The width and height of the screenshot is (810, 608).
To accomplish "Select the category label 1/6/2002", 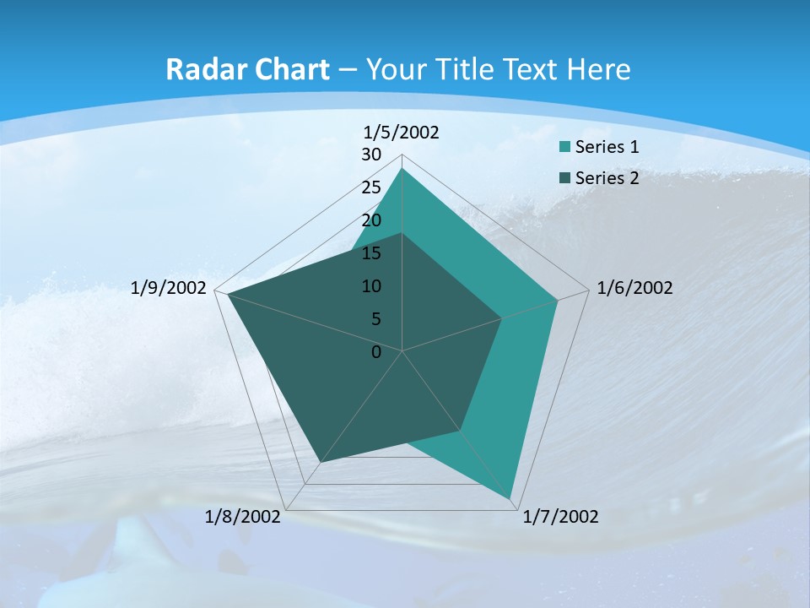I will [x=634, y=288].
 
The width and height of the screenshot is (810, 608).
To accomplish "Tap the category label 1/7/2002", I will [x=560, y=517].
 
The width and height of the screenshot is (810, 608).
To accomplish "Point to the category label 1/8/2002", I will [x=243, y=517].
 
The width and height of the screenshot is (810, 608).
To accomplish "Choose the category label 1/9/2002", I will [x=169, y=288].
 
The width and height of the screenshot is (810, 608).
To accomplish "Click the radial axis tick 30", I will [x=371, y=155].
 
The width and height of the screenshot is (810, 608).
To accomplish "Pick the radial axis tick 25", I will [x=371, y=187].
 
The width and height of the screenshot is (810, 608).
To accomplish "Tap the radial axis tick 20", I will [x=371, y=220].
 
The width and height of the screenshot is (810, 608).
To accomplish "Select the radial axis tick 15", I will [x=371, y=253].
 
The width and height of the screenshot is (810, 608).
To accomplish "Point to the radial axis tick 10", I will [x=371, y=286].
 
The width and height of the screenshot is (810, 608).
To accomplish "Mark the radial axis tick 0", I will [x=376, y=352].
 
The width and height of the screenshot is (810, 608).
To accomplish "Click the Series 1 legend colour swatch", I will [x=565, y=148].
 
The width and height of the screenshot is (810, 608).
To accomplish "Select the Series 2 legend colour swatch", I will [x=565, y=178].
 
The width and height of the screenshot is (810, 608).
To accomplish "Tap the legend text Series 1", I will [x=607, y=147].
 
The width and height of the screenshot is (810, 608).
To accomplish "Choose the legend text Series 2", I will [x=607, y=178].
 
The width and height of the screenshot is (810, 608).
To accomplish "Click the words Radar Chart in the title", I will [x=247, y=69].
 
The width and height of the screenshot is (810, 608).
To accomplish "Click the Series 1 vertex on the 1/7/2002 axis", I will [x=511, y=499].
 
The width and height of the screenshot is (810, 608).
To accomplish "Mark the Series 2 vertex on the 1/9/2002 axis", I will [x=228, y=294].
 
